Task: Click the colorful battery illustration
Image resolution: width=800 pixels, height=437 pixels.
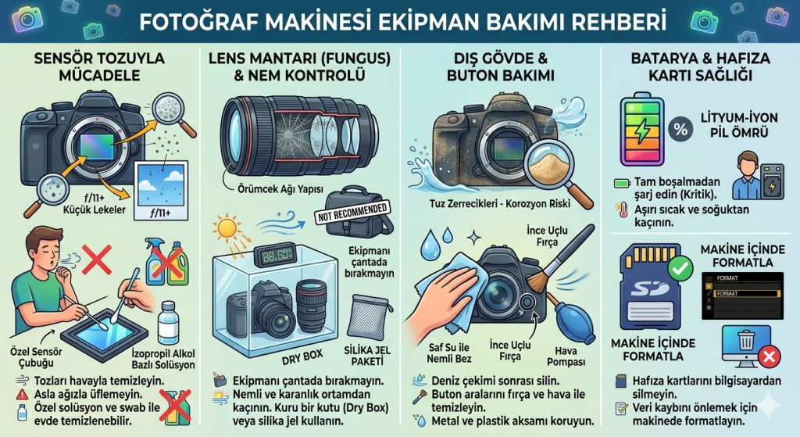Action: click(x=641, y=131)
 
